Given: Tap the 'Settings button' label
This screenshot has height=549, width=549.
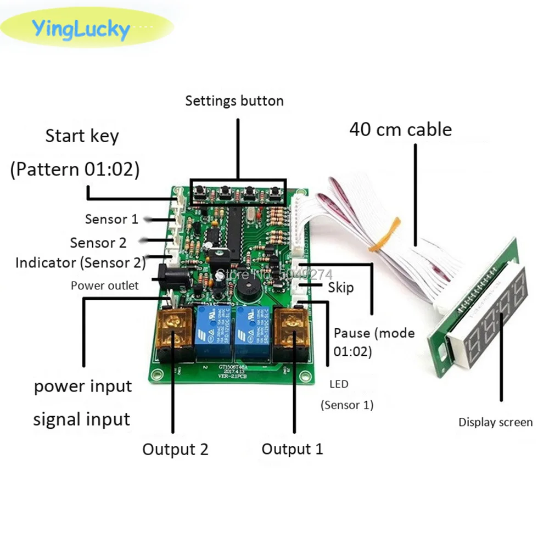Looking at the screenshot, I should tap(234, 100).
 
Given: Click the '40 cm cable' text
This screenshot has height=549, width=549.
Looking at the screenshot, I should tap(401, 129).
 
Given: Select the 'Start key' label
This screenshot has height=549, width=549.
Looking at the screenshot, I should tap(82, 136).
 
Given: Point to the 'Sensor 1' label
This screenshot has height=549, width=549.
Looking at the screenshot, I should tap(111, 219).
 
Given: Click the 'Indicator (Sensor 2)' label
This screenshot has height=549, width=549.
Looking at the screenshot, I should tap(80, 262).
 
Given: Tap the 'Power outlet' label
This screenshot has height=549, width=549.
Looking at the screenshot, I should tap(104, 285).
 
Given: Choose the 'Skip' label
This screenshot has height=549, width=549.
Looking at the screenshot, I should tap(340, 288).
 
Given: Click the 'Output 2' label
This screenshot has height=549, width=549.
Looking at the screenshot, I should tap(175, 449).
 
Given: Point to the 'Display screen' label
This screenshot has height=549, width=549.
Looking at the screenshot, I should tap(495, 422).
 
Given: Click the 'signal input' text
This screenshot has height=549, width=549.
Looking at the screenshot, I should tap(82, 419).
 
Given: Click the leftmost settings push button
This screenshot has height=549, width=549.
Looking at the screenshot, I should tap(200, 192).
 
